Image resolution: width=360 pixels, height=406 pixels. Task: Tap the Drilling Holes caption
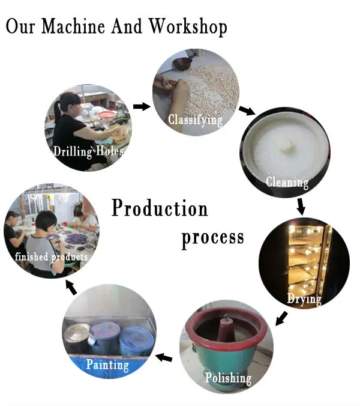[x=88, y=151]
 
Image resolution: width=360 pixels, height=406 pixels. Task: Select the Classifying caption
[x=195, y=120]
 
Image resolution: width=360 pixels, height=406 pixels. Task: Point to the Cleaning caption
[x=287, y=182]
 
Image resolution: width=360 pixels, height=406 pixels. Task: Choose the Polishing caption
[x=228, y=378]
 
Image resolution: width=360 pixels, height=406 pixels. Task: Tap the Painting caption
[x=107, y=365]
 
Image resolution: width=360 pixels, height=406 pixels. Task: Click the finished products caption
[x=52, y=257]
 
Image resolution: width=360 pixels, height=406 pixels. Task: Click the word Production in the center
[x=160, y=208]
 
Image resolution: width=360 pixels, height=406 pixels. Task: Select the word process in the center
[x=212, y=237]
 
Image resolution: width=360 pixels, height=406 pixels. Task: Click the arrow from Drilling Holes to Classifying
[x=141, y=106]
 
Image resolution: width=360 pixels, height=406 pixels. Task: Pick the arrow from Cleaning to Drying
[x=301, y=207]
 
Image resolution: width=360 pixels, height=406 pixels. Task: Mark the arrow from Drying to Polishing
[x=280, y=318]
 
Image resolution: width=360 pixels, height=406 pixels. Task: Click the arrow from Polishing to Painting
[x=164, y=358]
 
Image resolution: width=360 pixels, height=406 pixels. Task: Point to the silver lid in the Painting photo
[x=78, y=332]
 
